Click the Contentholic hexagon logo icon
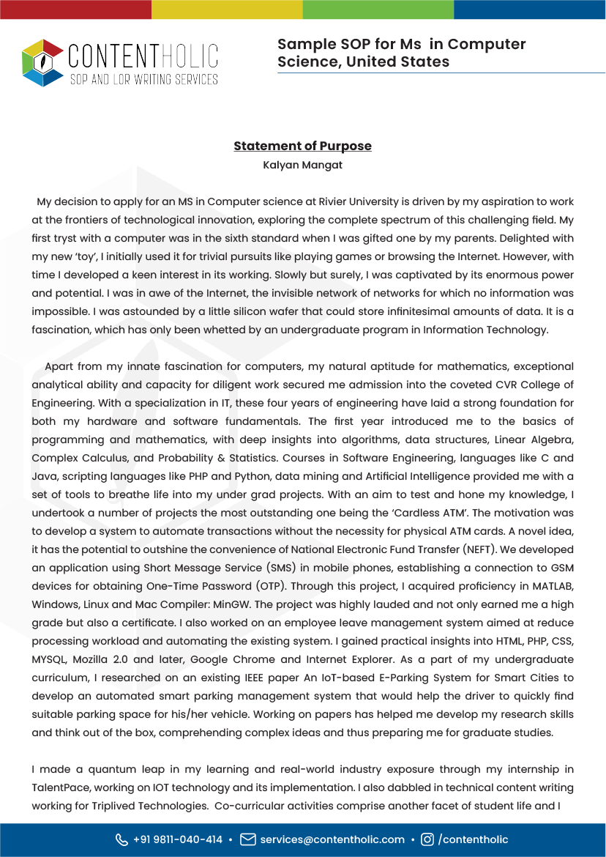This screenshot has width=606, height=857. (42, 63)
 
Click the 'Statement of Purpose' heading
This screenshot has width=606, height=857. (302, 146)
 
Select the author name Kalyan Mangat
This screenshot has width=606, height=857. (302, 165)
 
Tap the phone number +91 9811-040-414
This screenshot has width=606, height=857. (178, 839)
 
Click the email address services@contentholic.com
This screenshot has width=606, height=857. (332, 839)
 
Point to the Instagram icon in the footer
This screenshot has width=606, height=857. (427, 839)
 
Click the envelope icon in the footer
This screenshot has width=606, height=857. (248, 839)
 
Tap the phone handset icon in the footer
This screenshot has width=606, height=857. (121, 839)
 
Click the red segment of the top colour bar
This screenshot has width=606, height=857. (75, 9)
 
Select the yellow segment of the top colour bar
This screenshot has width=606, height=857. (227, 9)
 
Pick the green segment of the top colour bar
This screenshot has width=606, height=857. (378, 9)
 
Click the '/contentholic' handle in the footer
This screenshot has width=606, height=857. (473, 839)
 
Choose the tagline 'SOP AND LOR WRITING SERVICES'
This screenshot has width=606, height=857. (143, 78)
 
